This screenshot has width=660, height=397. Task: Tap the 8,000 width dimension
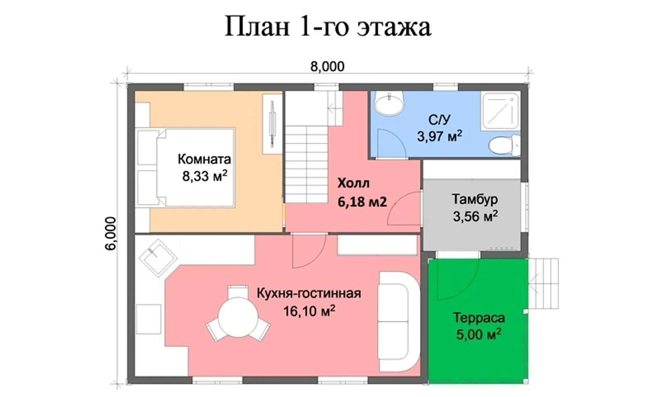pos(327,66)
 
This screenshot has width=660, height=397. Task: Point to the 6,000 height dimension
pos(111,233)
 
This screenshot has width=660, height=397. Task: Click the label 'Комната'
pos(204,159)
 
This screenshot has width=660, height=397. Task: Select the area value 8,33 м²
pos(205,176)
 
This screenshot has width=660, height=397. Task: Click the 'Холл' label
pos(353,183)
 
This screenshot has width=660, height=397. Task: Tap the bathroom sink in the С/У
pos(389,103)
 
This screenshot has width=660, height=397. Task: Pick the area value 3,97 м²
pos(439,136)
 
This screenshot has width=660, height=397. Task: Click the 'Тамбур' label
pos(474,199)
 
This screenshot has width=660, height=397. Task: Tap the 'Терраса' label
pos(478,317)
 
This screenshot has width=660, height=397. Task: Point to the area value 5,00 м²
pos(478,334)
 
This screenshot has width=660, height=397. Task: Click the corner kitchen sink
pos(158,257)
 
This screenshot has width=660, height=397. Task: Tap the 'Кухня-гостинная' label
pos(309,293)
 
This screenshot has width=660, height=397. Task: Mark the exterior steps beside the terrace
pos(544,284)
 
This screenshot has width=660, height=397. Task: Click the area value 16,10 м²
pos(309,311)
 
